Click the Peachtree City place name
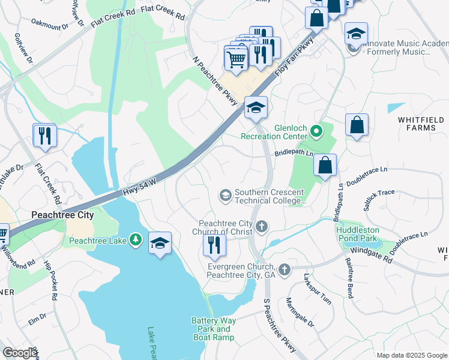pos(62,215)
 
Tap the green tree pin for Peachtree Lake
pos(136,241)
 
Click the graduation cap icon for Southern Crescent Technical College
pos(226,194)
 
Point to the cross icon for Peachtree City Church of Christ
pos(261,227)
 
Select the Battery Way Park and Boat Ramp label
pos(213,329)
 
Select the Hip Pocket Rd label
pos(53,281)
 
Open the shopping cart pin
pos(237,59)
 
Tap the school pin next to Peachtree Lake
pos(160,244)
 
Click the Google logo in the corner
pos(19,352)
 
